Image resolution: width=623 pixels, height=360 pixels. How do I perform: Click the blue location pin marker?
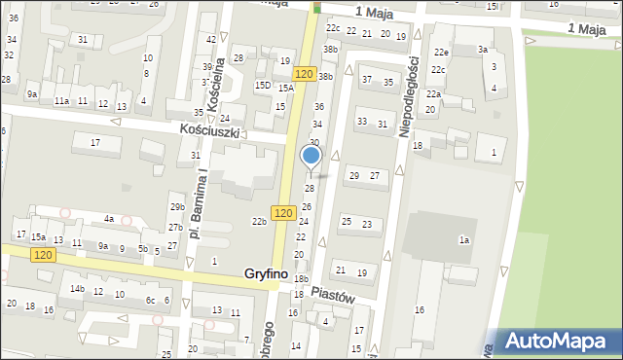click(x=311, y=156)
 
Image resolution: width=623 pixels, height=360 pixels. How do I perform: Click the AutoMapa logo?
click(x=558, y=341)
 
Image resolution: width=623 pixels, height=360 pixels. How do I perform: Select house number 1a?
click(x=465, y=239)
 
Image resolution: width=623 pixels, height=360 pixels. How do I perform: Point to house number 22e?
click(x=441, y=53)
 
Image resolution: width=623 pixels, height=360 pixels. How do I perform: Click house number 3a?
click(x=482, y=50)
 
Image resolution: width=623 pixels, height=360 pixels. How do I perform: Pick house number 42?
click(x=211, y=39)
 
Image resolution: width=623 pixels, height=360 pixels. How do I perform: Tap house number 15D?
click(x=263, y=86)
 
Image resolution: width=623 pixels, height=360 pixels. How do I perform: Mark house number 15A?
click(x=285, y=89)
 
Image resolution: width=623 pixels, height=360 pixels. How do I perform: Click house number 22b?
click(x=259, y=222)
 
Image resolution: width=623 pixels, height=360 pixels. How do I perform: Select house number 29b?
click(x=176, y=207)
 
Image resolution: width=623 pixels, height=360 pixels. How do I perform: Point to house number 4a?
click(x=110, y=219)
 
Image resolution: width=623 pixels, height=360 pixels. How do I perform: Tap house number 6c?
click(x=150, y=301)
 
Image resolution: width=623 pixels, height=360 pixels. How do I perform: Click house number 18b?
click(x=301, y=279)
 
